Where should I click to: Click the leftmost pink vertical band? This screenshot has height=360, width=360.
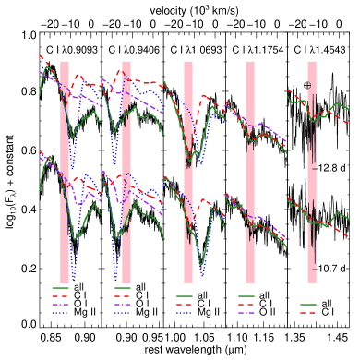coord(65,172)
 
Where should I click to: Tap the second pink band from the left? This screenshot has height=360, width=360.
coord(126,172)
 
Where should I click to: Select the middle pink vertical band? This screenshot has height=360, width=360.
coord(188,172)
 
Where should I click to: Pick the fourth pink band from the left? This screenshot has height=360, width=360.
coord(250,172)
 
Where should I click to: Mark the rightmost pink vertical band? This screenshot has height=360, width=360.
coord(312,172)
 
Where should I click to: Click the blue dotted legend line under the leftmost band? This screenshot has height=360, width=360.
coord(61,313)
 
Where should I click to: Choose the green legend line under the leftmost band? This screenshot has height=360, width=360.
coord(61,288)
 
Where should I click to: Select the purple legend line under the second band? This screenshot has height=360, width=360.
coord(123,305)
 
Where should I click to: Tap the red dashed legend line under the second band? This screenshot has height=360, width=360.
coord(123,296)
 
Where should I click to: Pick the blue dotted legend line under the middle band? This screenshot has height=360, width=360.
coord(185,313)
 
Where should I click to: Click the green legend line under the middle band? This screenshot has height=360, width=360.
coord(185,296)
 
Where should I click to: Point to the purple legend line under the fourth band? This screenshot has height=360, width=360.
coord(246,313)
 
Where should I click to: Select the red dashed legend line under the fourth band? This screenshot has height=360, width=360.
coord(246,305)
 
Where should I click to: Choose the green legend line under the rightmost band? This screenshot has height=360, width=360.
coord(308,305)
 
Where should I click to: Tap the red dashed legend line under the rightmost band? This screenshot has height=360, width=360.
coord(308,313)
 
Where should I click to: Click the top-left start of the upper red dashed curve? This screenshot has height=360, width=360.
coord(40,55)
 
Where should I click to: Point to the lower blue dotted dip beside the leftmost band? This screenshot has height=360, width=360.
coord(73,277)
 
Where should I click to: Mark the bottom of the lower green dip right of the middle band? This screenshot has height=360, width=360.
coord(202,274)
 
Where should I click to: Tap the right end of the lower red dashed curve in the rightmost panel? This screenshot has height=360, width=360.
coord(349,238)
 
